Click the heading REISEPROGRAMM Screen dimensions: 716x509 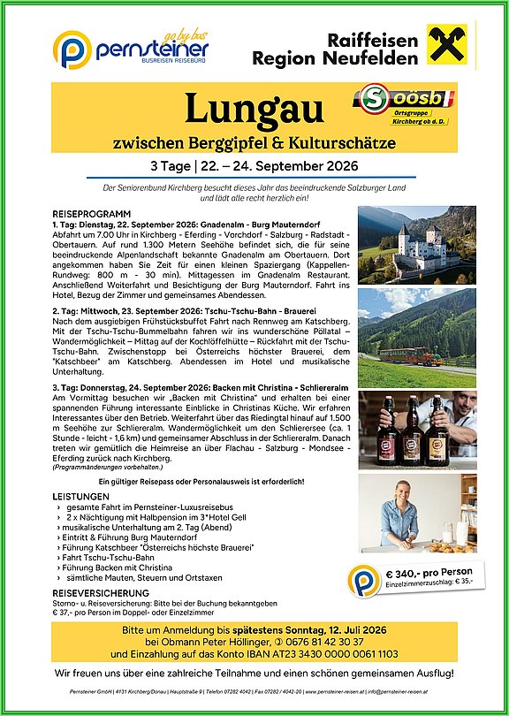pyautogui.click(x=92, y=215)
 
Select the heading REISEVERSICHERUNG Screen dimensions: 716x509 pyautogui.click(x=101, y=593)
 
